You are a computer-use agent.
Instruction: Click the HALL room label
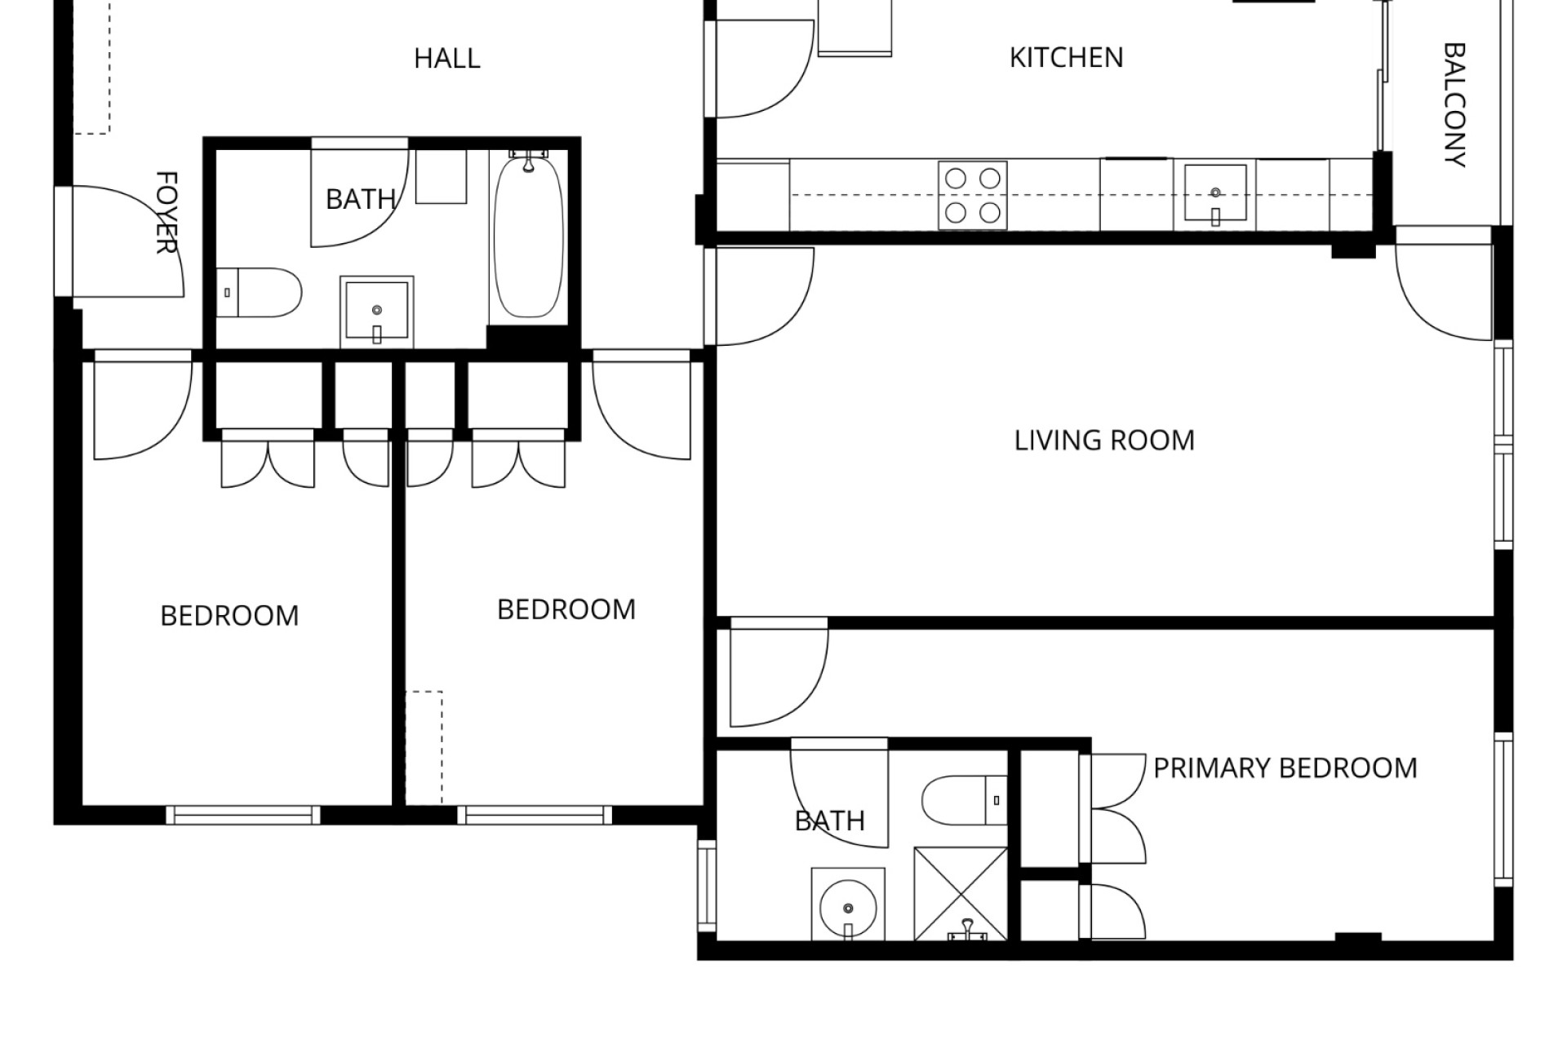(446, 59)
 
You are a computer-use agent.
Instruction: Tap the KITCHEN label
(1066, 58)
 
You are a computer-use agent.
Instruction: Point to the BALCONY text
(1455, 105)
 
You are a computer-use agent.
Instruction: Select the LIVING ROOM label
(1104, 440)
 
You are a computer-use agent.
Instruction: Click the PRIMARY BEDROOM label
(1285, 768)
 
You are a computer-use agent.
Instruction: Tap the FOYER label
(166, 212)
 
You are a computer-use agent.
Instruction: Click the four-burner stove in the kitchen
(972, 195)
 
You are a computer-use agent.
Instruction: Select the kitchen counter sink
(1215, 193)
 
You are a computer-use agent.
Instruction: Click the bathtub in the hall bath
(529, 237)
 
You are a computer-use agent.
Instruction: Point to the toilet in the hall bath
(260, 293)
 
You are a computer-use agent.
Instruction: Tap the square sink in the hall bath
(376, 311)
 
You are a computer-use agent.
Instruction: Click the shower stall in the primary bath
(961, 894)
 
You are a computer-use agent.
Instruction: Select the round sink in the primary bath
(848, 905)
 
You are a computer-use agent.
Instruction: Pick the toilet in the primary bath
(966, 800)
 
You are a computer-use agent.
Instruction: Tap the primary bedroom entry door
(779, 672)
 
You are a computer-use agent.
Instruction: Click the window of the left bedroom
(243, 815)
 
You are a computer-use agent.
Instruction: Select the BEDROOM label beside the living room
(566, 610)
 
